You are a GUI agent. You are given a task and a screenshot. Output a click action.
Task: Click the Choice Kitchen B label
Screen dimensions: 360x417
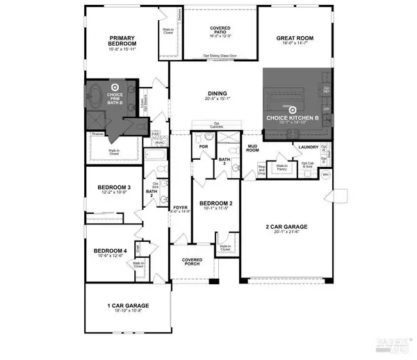[x=293, y=118]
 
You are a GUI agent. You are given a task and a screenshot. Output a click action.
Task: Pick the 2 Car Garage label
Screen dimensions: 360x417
[x=287, y=227]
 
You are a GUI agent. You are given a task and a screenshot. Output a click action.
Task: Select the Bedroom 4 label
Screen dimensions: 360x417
[x=111, y=250]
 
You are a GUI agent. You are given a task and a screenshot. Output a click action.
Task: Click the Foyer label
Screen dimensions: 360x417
[x=179, y=207]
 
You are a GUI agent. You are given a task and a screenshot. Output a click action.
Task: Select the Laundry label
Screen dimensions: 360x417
[x=307, y=147]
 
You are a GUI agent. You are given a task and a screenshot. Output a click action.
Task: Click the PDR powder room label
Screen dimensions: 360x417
[x=204, y=147]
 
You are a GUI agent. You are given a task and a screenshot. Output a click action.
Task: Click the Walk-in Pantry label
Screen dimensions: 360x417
[x=282, y=167]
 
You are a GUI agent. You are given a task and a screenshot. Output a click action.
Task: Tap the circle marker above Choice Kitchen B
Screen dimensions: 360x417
[x=293, y=109]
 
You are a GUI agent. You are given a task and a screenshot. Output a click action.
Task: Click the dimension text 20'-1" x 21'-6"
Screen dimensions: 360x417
[x=287, y=234]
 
